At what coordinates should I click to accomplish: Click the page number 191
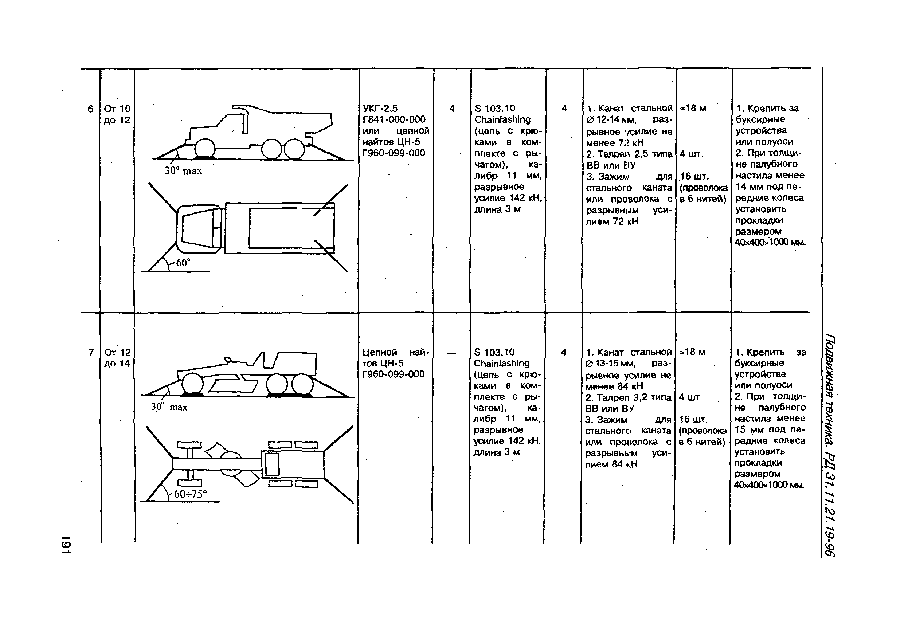(66, 544)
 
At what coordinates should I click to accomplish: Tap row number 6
(90, 109)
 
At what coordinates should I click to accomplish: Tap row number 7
(91, 352)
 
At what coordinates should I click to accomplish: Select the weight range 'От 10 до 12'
(117, 114)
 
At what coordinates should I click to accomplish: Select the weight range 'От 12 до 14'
(117, 358)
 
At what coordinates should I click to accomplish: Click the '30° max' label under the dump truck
(183, 171)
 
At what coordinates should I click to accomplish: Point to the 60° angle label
(183, 263)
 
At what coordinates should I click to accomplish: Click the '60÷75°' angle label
(190, 494)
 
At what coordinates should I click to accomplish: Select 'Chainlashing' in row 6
(502, 120)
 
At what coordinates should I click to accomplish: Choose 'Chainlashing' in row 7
(501, 363)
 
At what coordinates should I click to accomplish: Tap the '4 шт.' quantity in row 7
(690, 397)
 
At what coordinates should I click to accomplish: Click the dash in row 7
(451, 352)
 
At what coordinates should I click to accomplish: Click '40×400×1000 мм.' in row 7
(768, 485)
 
